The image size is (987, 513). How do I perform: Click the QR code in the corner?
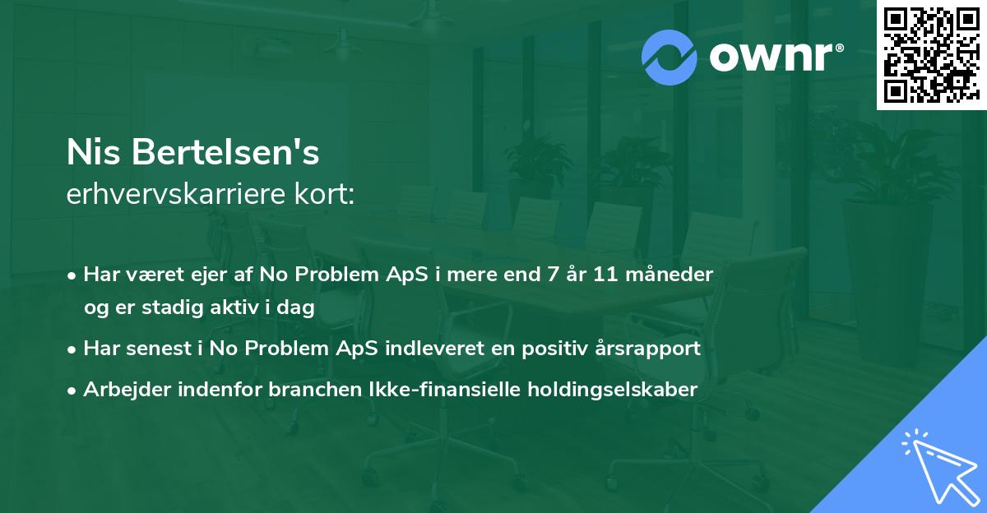click(931, 55)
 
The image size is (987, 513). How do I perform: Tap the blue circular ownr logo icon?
click(670, 57)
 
